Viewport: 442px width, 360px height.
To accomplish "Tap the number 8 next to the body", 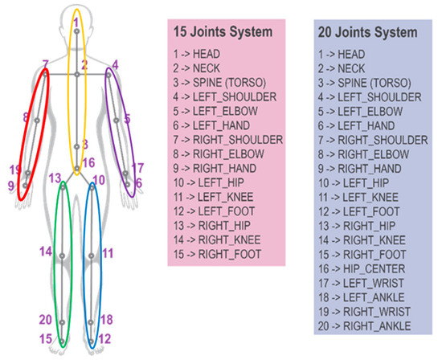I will pos(26,118).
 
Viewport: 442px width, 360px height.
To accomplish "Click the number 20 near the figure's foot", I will pos(46,319).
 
